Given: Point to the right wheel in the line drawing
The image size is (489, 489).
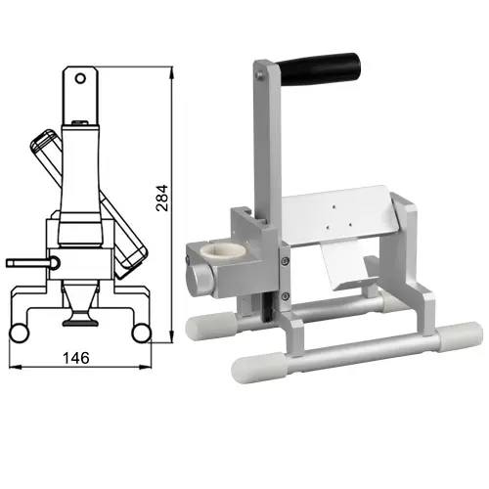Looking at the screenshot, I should [x=145, y=333].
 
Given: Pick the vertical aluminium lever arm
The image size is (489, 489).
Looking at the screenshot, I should [x=261, y=147].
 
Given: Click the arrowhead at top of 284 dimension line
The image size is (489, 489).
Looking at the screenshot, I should [x=172, y=70].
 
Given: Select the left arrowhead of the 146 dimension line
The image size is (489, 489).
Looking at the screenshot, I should [x=20, y=369].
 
